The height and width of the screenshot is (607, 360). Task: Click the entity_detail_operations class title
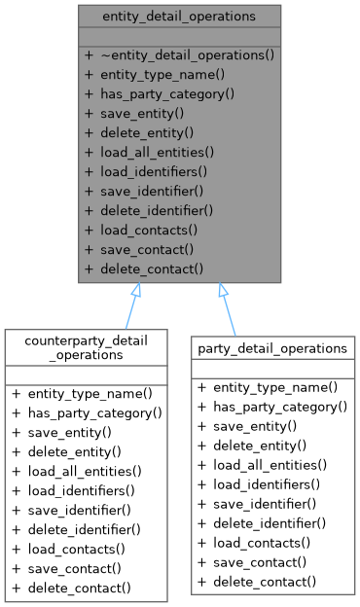click(x=180, y=17)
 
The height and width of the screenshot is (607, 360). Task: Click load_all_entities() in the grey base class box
click(x=163, y=152)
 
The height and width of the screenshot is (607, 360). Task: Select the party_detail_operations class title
click(x=272, y=347)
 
